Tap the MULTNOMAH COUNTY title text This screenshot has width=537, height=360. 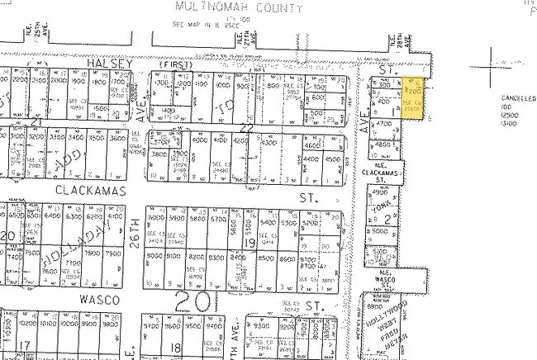pyautogui.click(x=238, y=8)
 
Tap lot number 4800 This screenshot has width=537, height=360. pyautogui.click(x=382, y=144)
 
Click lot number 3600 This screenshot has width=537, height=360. pyautogui.click(x=118, y=139)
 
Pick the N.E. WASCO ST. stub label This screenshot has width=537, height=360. pyautogui.click(x=385, y=278)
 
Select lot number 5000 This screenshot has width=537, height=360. pyautogui.click(x=380, y=232)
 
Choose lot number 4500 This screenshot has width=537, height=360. pyautogui.click(x=333, y=160)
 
